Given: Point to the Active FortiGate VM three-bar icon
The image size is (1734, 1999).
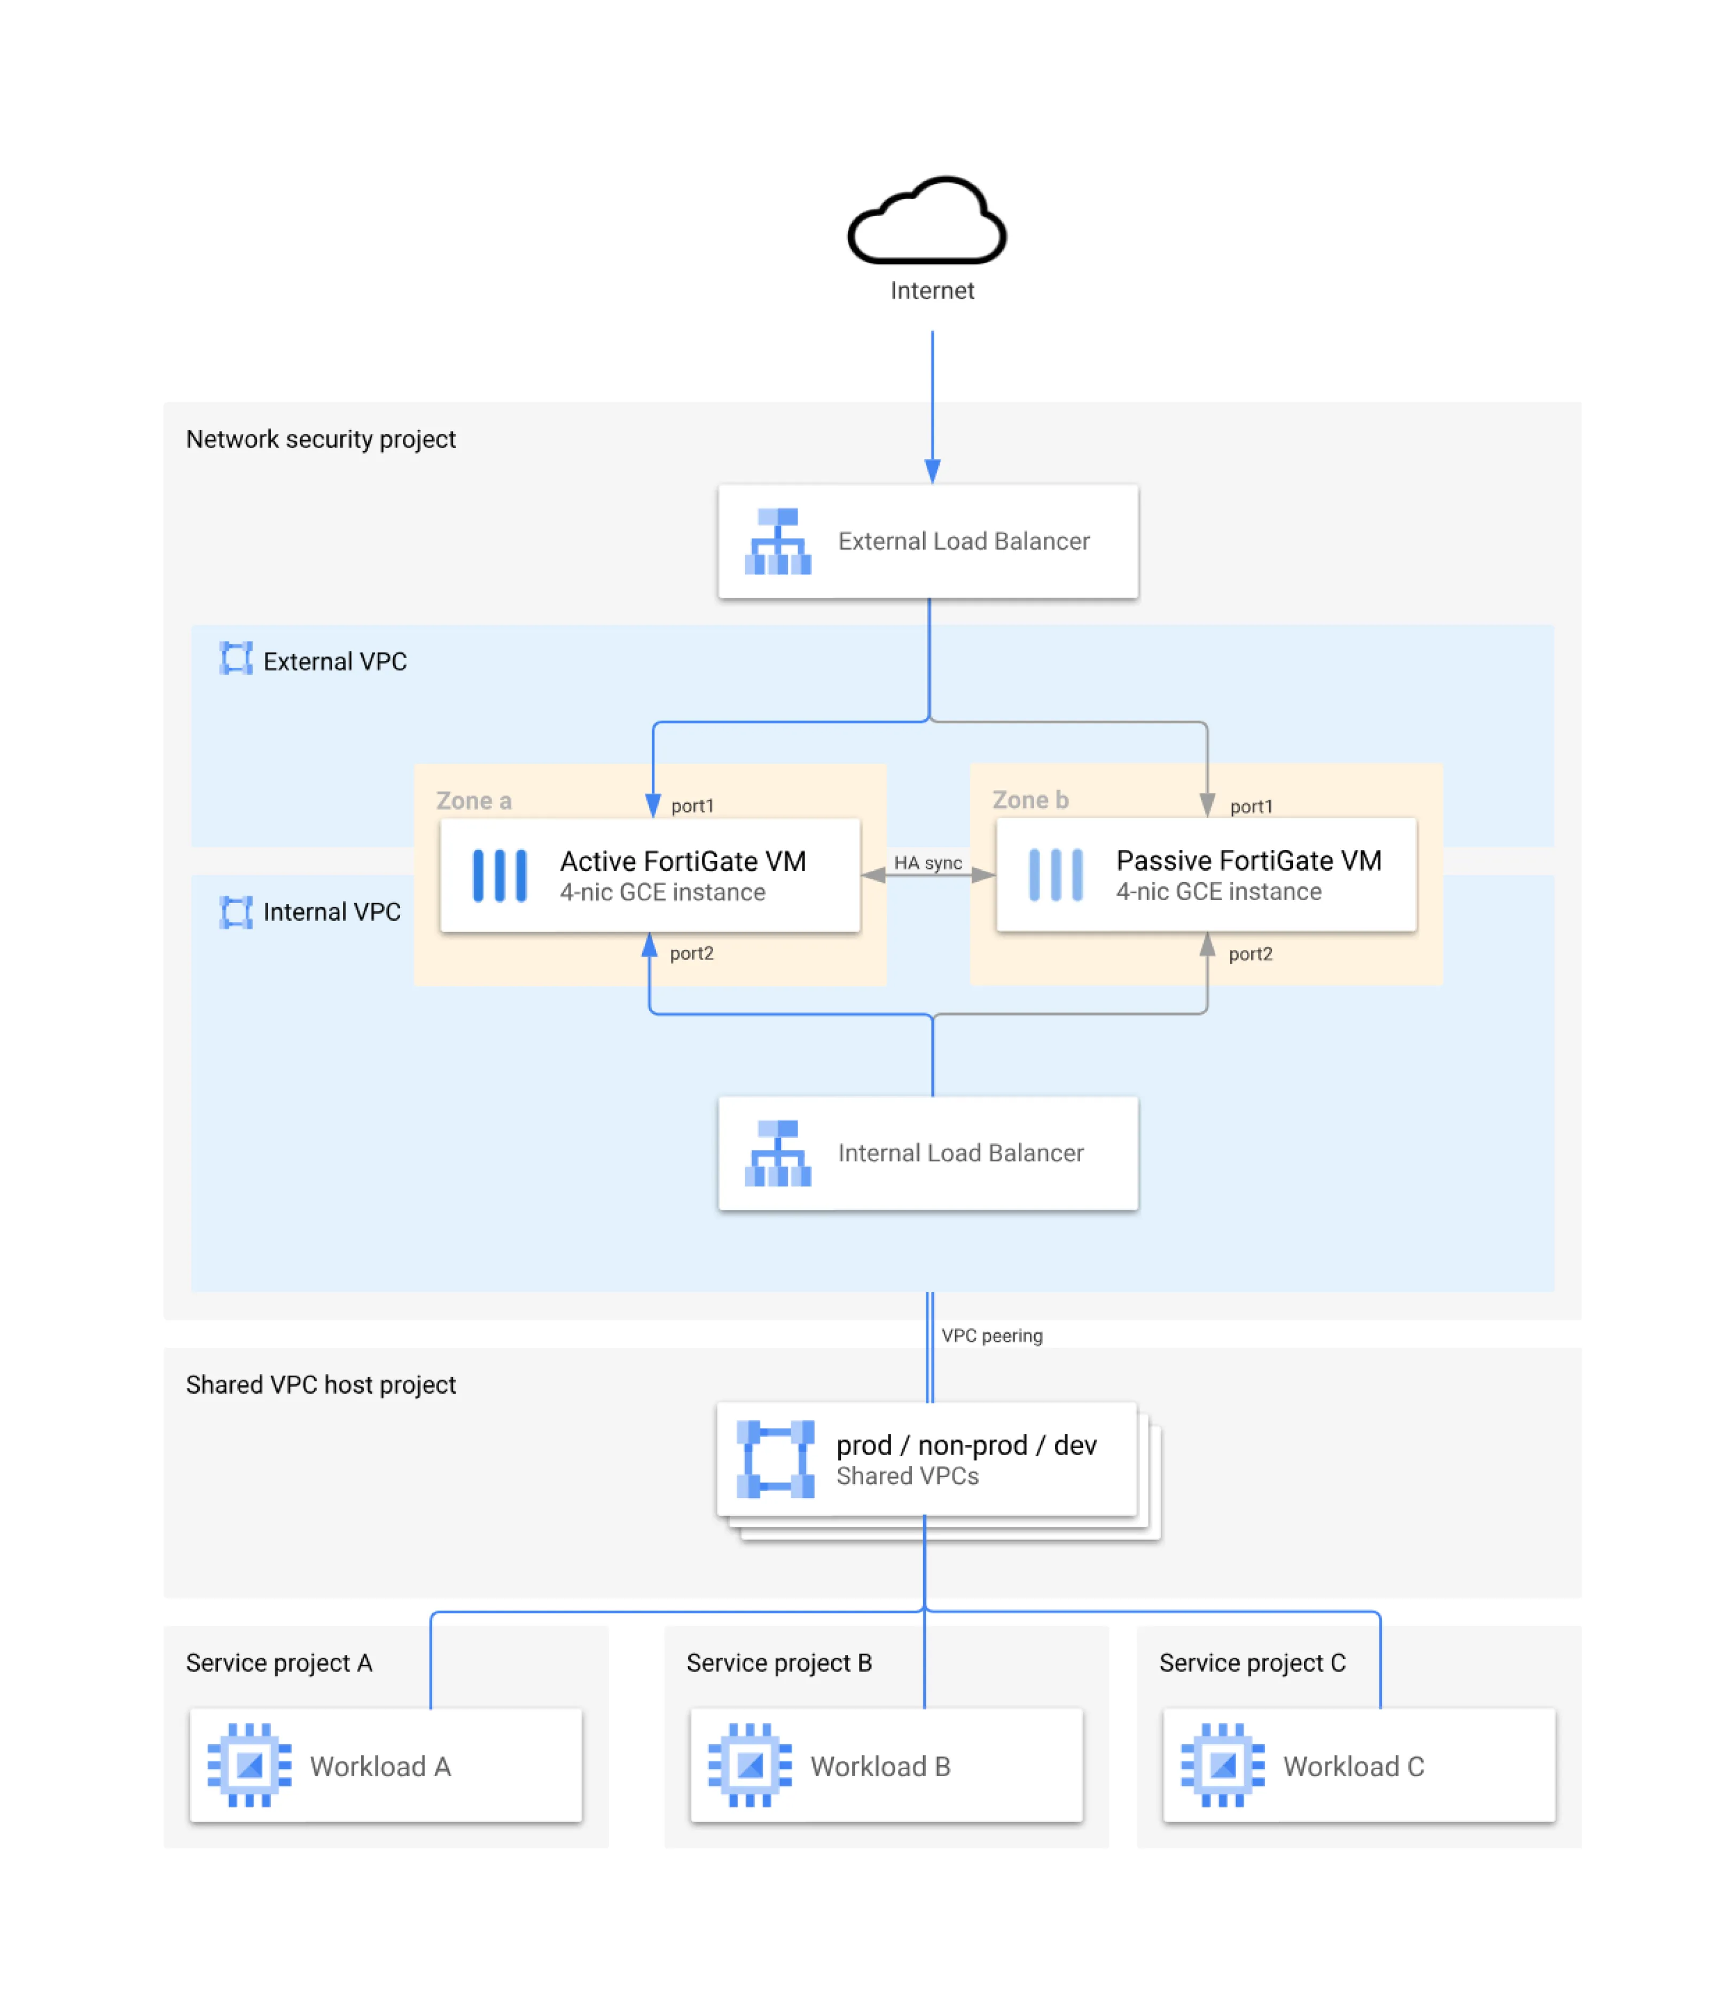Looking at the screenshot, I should pos(499,876).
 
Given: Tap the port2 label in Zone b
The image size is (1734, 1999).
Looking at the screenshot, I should pos(1250,954).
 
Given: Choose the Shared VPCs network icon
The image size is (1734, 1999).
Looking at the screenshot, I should pos(775,1459).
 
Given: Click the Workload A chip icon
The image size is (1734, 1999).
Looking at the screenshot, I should pos(249,1765).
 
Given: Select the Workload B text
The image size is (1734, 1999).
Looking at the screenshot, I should pos(880,1767).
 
